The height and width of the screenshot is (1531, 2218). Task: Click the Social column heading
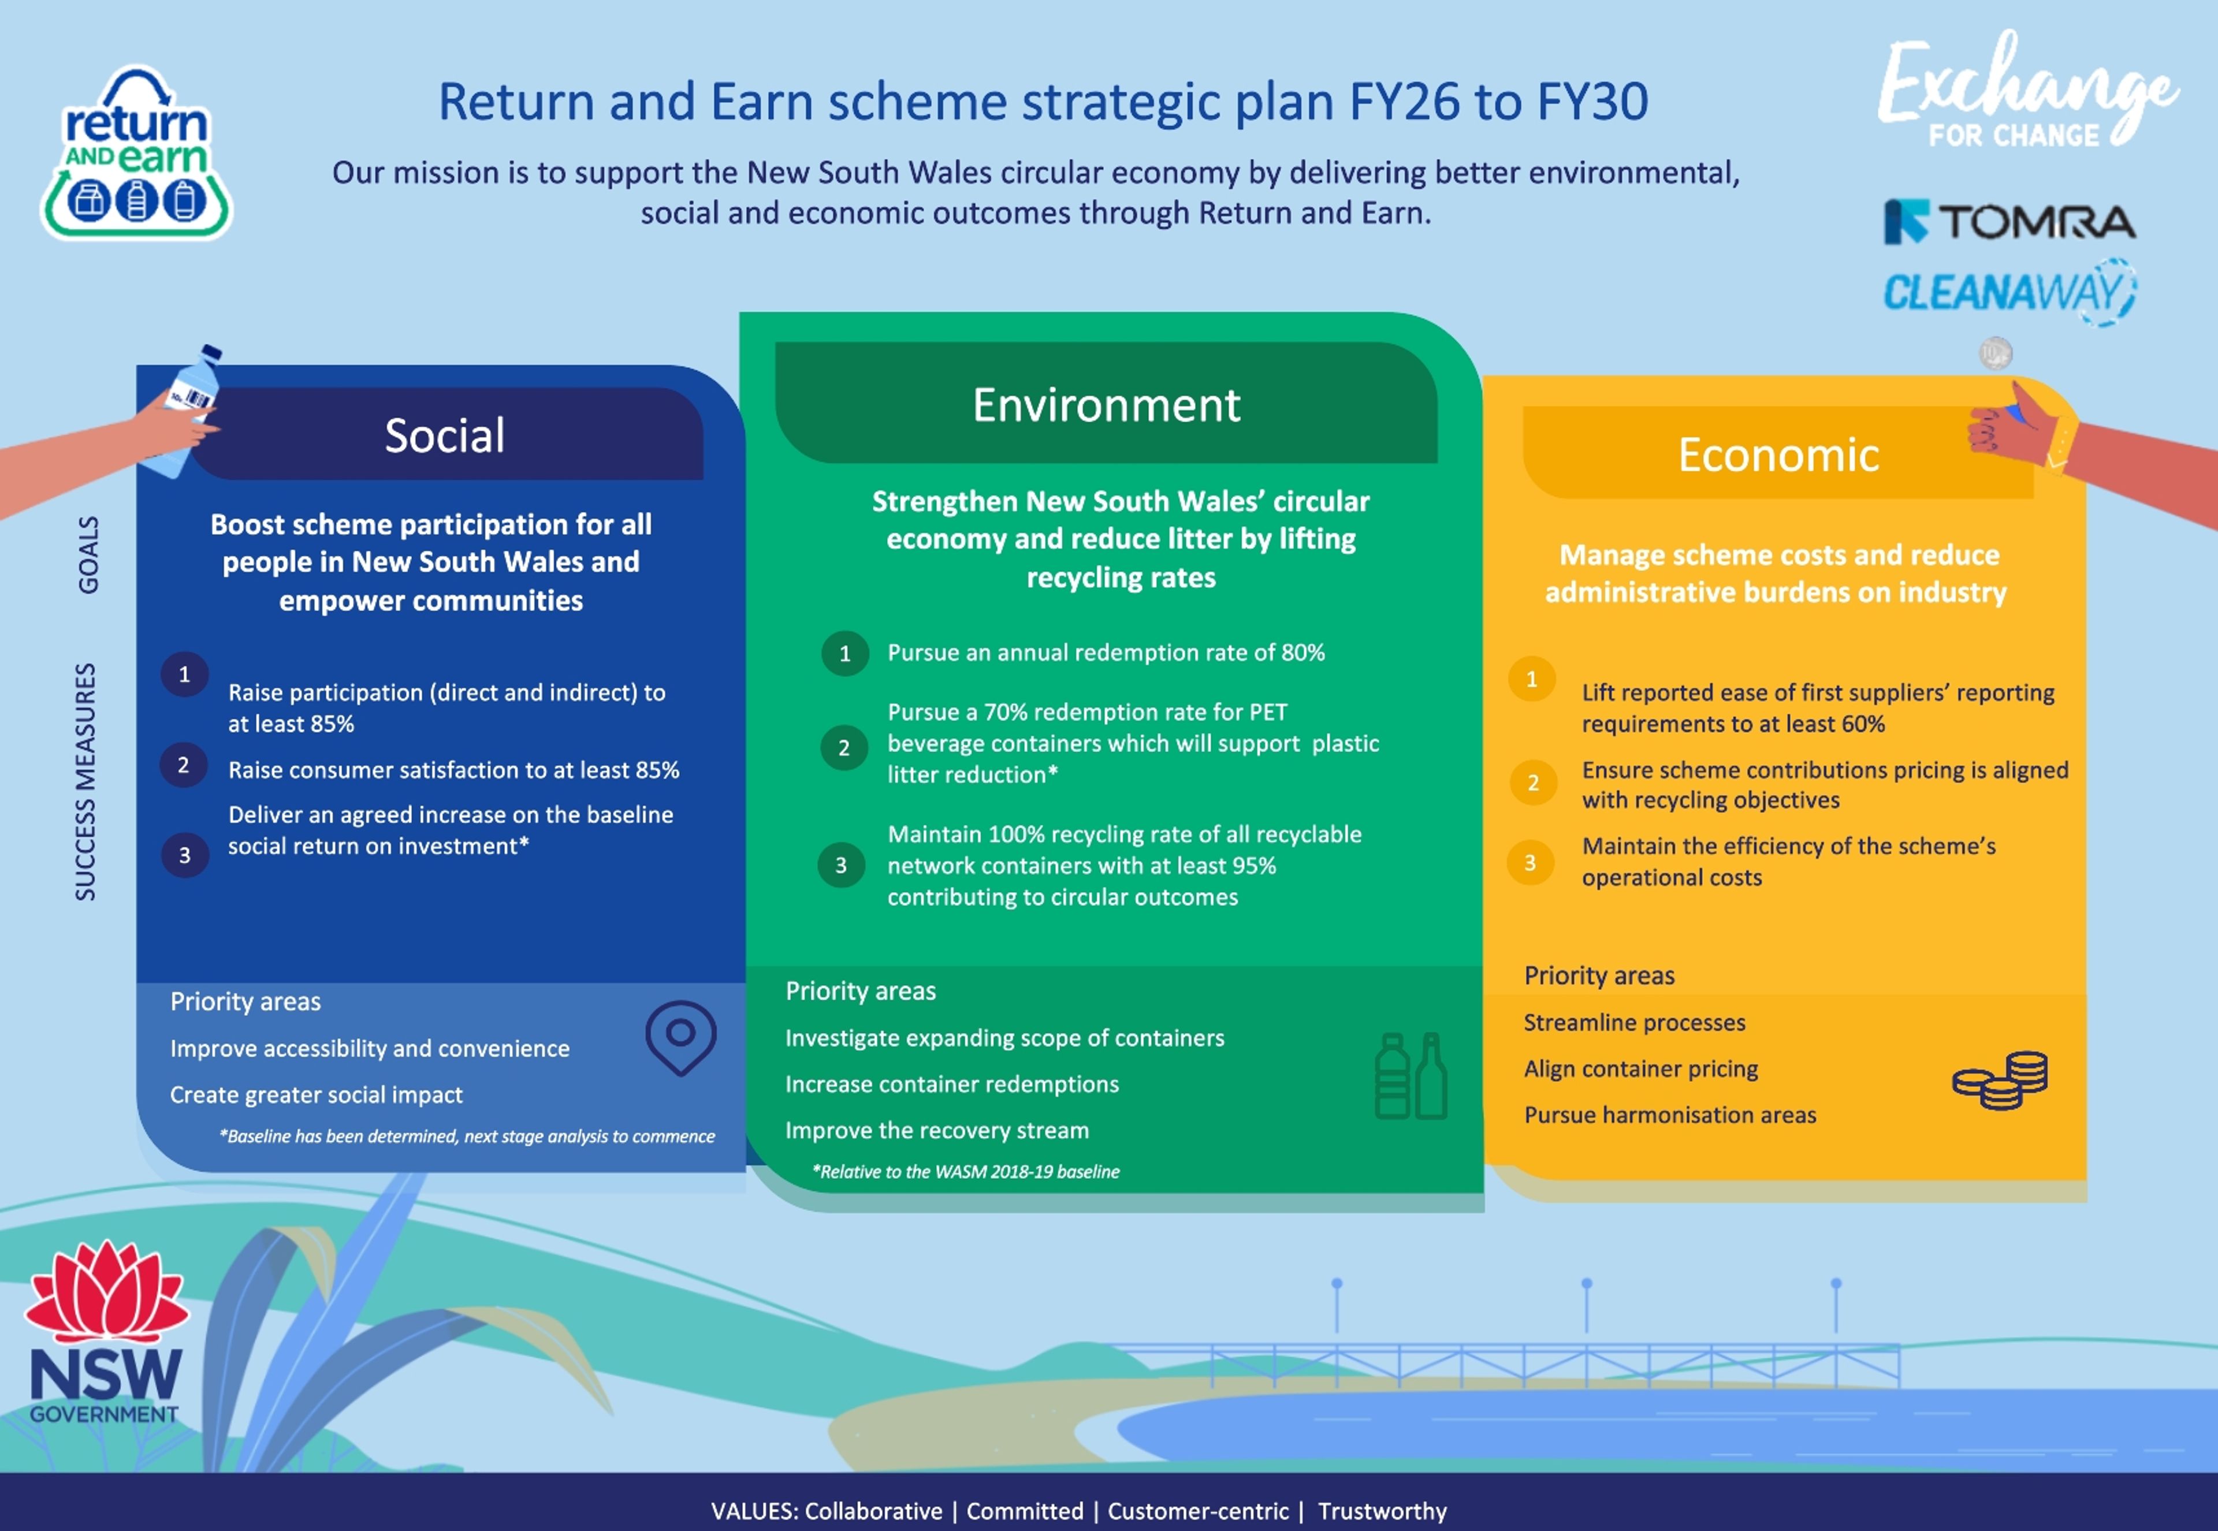coord(444,435)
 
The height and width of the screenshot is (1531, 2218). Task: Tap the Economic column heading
coord(1778,455)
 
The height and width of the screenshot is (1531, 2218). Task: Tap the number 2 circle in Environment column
coord(844,747)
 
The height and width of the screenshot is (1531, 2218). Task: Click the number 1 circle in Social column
coord(184,675)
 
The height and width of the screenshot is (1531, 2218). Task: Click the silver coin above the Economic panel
coord(1996,353)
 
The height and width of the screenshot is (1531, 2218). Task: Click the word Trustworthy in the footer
coord(1382,1511)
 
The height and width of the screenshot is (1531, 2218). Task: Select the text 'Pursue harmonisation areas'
coord(1669,1115)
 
